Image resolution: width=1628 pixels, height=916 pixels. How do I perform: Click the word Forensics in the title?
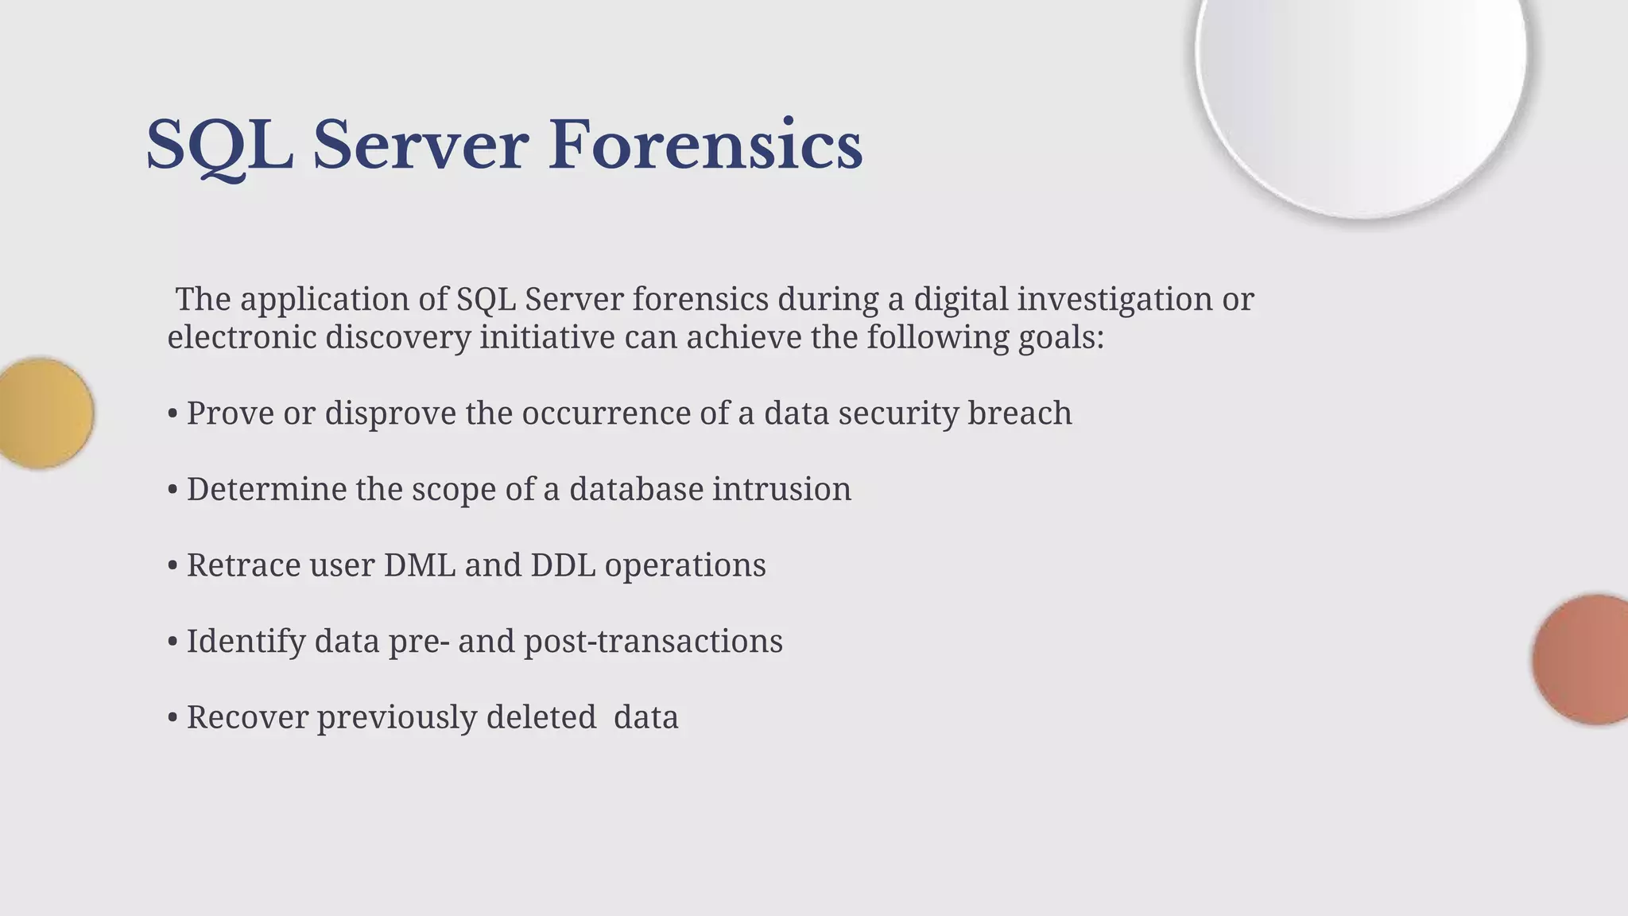tap(705, 146)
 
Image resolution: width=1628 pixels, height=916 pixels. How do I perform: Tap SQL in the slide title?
tap(219, 146)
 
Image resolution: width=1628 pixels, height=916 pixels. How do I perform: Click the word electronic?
tap(241, 337)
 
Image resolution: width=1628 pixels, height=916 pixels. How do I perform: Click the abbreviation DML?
tap(420, 565)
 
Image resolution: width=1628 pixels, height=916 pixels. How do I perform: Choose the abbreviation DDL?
tap(563, 565)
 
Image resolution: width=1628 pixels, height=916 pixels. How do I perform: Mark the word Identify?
tap(246, 641)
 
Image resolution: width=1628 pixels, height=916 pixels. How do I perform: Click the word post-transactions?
tap(653, 641)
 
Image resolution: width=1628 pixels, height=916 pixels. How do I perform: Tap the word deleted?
tap(541, 717)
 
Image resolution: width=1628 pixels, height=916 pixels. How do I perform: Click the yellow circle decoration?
tap(44, 413)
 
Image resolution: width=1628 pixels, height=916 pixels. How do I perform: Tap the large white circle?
tap(1361, 87)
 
